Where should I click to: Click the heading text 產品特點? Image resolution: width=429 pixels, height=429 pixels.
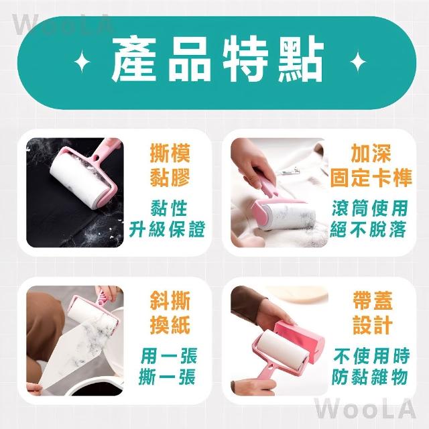tap(217, 60)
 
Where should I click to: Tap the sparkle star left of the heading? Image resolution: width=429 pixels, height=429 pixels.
tap(82, 62)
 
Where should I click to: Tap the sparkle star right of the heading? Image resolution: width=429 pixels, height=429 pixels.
tap(358, 62)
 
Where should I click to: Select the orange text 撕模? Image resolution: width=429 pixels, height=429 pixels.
tap(170, 154)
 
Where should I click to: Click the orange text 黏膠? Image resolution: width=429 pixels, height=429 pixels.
tap(170, 177)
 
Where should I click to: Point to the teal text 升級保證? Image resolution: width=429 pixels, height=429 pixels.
tap(167, 229)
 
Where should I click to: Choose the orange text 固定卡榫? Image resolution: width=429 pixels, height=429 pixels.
tap(371, 177)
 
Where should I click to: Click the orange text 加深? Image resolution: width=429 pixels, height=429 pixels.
tap(371, 154)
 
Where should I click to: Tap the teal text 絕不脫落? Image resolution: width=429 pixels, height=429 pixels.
tap(369, 229)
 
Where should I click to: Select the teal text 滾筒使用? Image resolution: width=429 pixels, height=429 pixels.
tap(370, 208)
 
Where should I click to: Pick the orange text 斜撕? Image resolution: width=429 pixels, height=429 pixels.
tap(170, 301)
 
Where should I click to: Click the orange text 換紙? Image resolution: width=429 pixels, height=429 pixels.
tap(170, 325)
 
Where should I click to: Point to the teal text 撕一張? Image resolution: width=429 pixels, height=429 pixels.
tap(167, 377)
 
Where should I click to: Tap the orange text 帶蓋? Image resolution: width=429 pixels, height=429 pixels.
tap(373, 301)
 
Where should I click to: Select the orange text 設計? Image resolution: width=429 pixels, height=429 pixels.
tap(373, 325)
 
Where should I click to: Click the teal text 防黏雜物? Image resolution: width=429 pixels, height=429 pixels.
tap(370, 377)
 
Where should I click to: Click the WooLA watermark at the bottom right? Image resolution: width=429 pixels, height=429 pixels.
tap(365, 409)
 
